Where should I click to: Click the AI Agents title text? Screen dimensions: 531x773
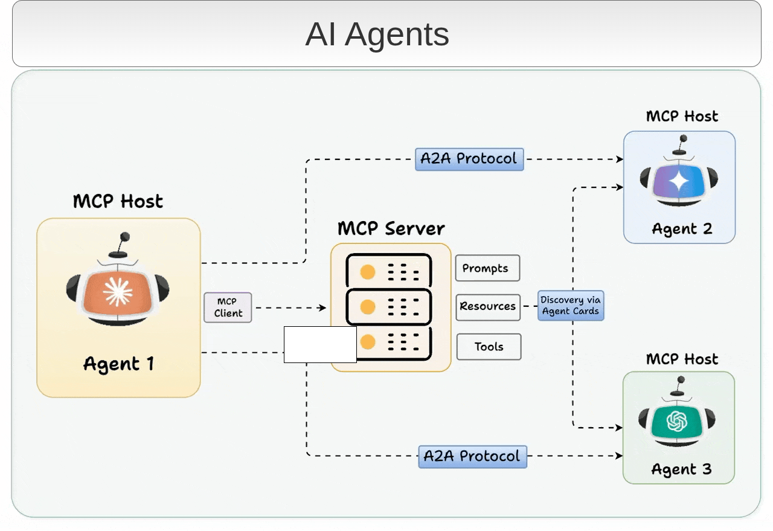pos(377,34)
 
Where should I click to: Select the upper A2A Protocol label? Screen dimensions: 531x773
pos(469,159)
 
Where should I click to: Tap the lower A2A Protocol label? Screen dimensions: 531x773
pos(472,456)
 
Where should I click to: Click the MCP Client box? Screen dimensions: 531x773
pos(228,307)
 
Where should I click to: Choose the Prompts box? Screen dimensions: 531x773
pos(487,268)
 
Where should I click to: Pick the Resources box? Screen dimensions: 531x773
pos(487,306)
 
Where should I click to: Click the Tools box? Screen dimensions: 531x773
pos(489,347)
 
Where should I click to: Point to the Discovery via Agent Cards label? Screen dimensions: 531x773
pos(570,306)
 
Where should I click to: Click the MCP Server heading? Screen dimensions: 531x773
pos(391,229)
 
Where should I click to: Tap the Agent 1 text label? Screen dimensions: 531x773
pos(118,364)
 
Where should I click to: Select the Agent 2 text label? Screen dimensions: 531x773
pos(682,230)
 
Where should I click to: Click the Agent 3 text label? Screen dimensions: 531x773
pos(681,469)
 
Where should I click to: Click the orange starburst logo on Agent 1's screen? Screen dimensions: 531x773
pos(118,292)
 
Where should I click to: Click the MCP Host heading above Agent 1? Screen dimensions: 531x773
pos(118,201)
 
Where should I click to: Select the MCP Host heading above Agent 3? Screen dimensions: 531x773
pos(682,359)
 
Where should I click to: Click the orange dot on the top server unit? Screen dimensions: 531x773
pos(367,272)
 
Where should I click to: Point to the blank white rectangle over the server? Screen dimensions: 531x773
pos(320,345)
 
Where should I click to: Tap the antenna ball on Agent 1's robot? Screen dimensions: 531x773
pos(125,237)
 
